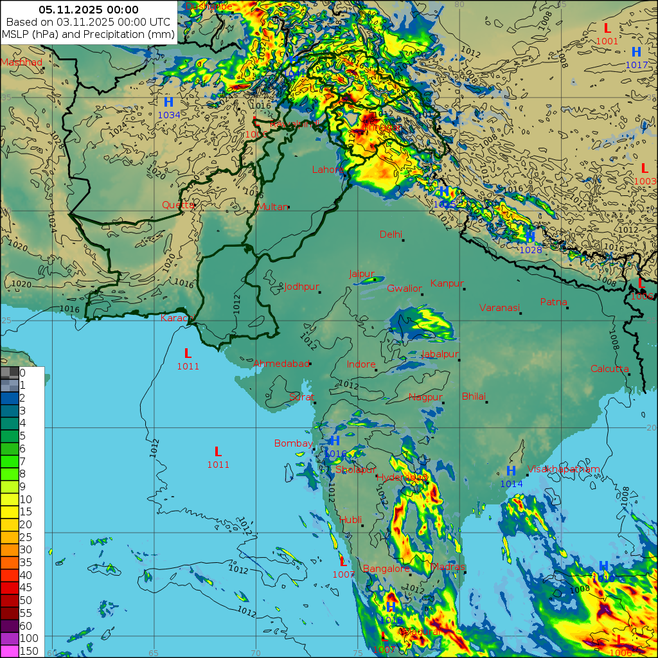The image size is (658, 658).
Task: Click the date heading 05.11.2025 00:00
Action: click(89, 10)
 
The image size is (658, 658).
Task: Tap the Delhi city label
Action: click(391, 235)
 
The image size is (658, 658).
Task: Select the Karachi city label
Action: click(177, 318)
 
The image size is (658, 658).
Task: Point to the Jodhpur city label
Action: click(301, 287)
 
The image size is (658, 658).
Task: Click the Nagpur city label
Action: click(425, 397)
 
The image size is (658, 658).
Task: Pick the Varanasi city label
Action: click(499, 308)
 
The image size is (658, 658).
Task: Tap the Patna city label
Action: click(553, 301)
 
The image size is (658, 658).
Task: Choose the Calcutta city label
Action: click(609, 369)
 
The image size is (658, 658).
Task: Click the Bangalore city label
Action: click(386, 569)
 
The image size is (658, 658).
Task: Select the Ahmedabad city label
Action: click(281, 364)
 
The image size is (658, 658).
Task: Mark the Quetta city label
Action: click(178, 205)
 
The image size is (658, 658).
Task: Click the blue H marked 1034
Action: click(168, 102)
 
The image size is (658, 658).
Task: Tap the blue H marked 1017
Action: click(636, 52)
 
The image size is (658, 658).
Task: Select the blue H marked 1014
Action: click(511, 471)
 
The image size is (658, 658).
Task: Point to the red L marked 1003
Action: click(644, 168)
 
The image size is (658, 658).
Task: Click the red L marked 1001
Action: click(607, 28)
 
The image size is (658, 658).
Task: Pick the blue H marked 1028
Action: click(530, 237)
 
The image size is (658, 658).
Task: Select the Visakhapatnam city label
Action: click(564, 469)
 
